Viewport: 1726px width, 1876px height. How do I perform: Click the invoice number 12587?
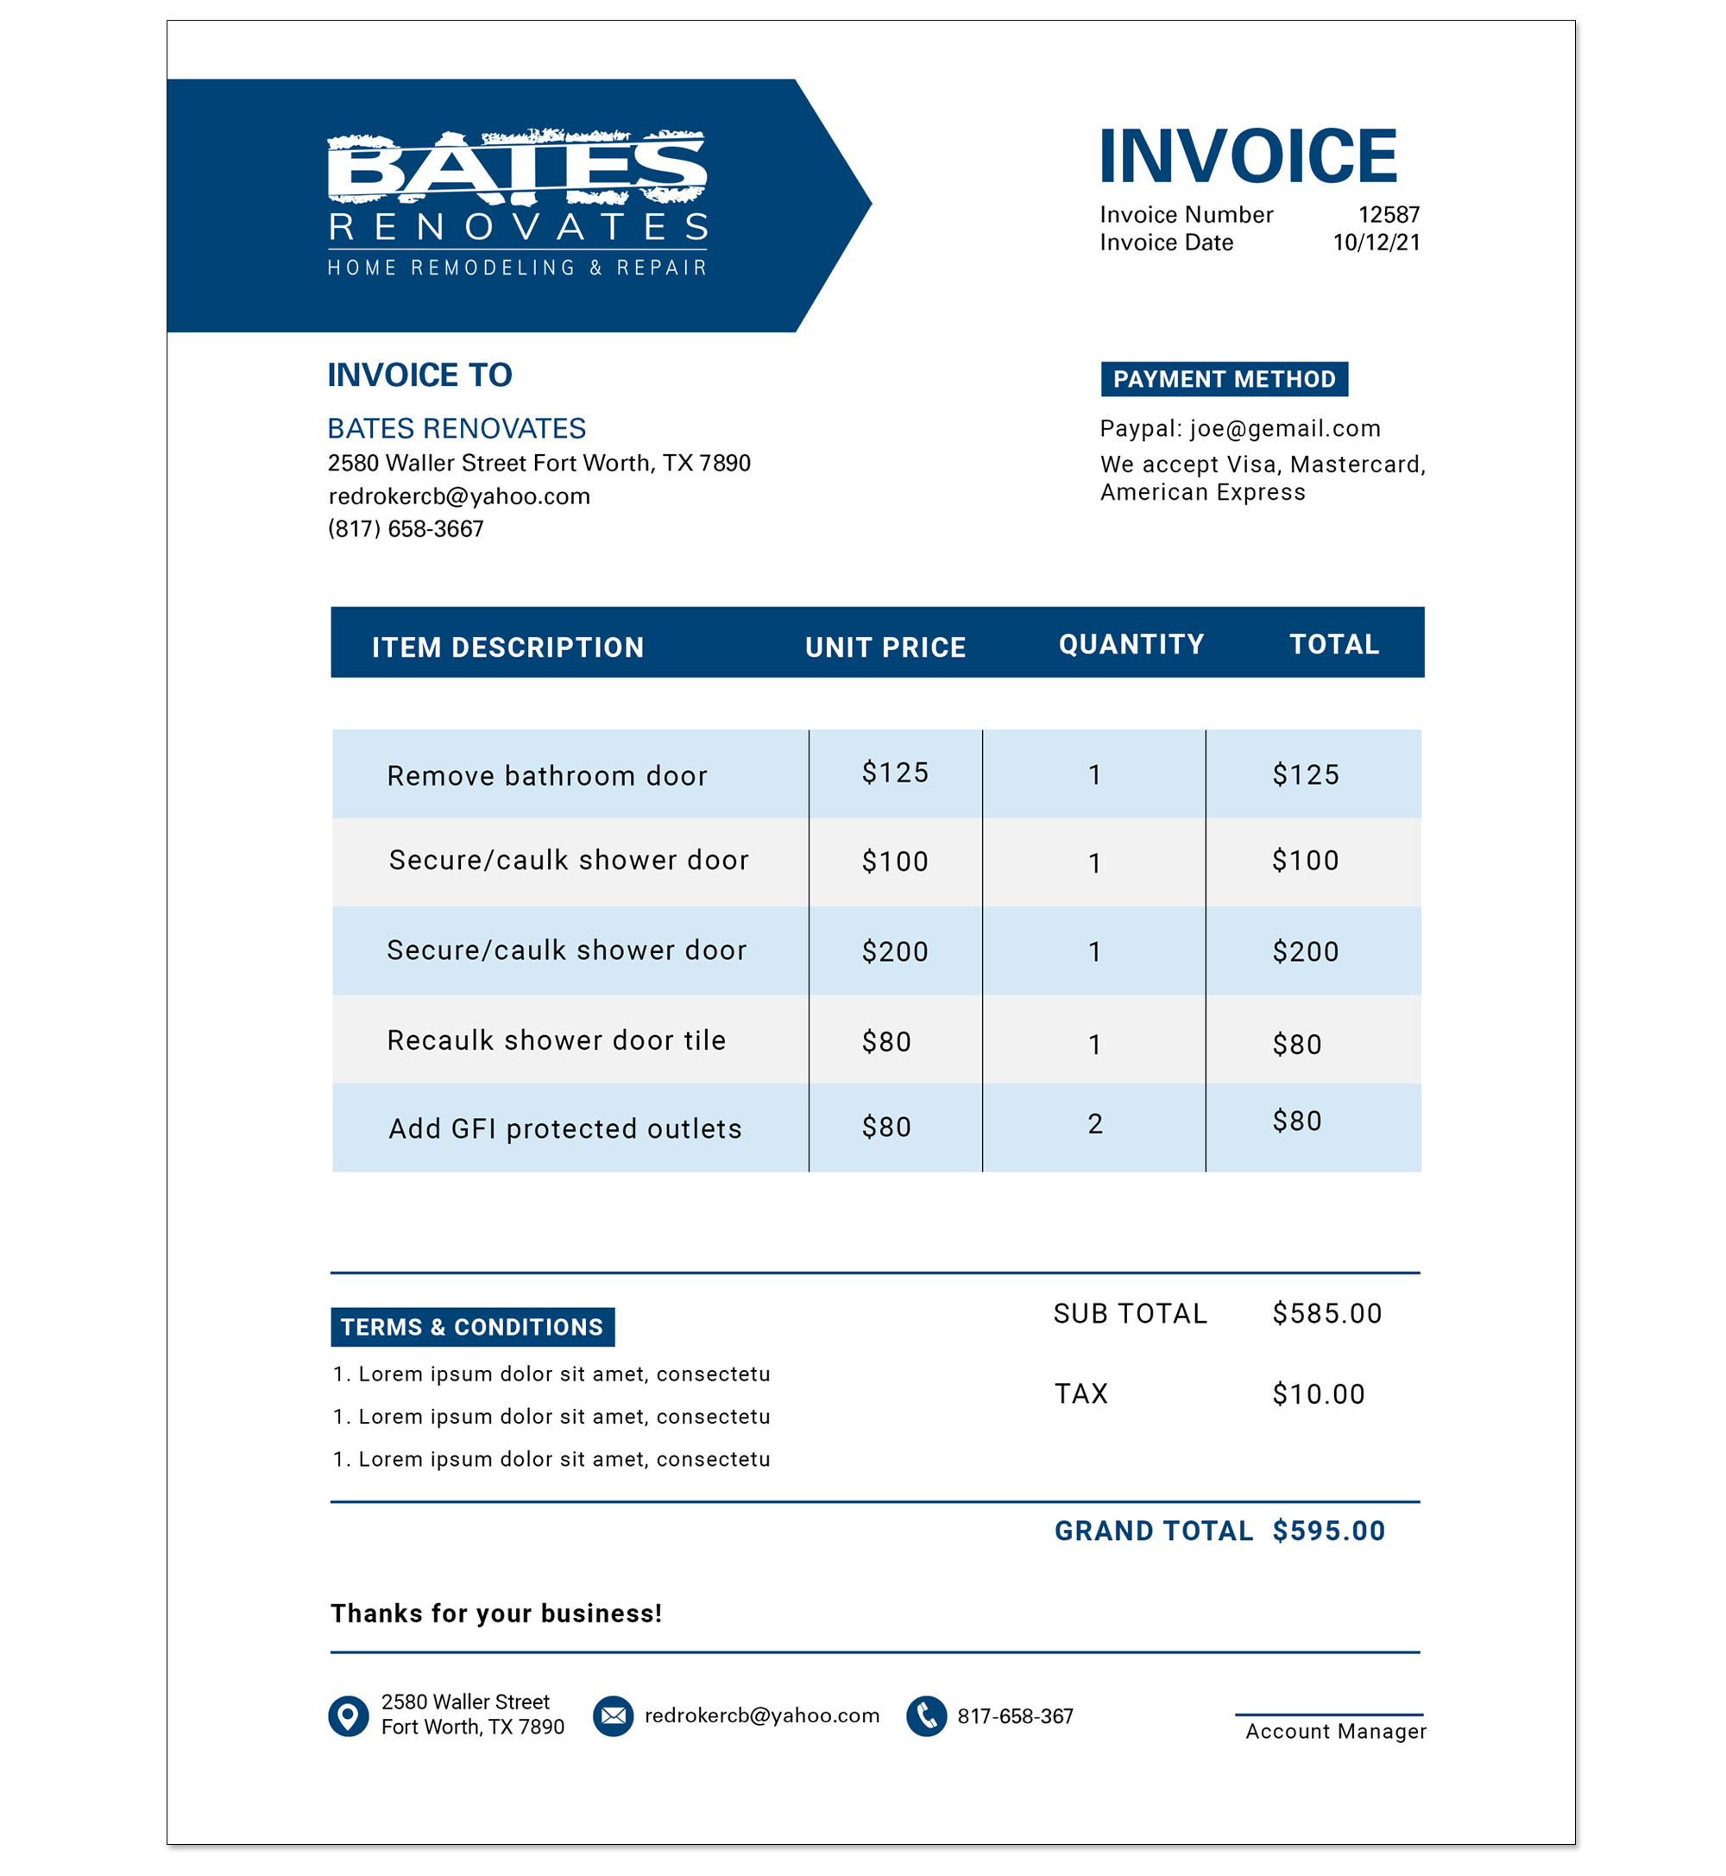[x=1388, y=215]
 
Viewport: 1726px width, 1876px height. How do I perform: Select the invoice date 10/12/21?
[x=1376, y=243]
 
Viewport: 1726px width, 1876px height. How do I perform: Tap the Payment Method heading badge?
[x=1224, y=379]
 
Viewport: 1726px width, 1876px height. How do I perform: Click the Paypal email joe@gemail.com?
[x=1284, y=429]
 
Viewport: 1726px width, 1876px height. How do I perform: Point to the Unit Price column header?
[x=885, y=647]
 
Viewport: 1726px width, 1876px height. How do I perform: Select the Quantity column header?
[x=1131, y=645]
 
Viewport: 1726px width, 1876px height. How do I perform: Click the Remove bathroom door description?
[x=546, y=776]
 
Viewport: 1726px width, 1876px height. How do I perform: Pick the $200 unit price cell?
[x=894, y=952]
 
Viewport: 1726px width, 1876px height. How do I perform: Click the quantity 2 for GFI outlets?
[x=1094, y=1124]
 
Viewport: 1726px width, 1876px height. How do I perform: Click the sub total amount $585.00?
[x=1326, y=1315]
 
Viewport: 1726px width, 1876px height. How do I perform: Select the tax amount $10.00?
[x=1318, y=1395]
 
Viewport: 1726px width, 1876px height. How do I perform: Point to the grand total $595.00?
[x=1328, y=1532]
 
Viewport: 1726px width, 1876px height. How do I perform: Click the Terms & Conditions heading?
[x=472, y=1328]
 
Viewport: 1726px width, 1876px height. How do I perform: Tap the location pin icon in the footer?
[x=349, y=1716]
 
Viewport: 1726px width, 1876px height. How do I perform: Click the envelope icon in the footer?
[x=613, y=1716]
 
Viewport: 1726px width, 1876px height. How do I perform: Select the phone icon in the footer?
[x=927, y=1716]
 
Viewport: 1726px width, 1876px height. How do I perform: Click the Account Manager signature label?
[x=1336, y=1731]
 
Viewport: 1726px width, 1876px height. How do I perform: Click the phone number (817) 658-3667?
[x=406, y=530]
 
